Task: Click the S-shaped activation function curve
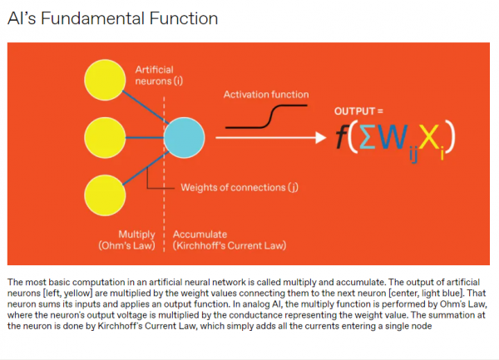pos(266,117)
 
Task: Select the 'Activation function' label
pos(265,95)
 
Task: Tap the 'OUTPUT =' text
pos(358,111)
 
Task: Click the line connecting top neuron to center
pos(148,105)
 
